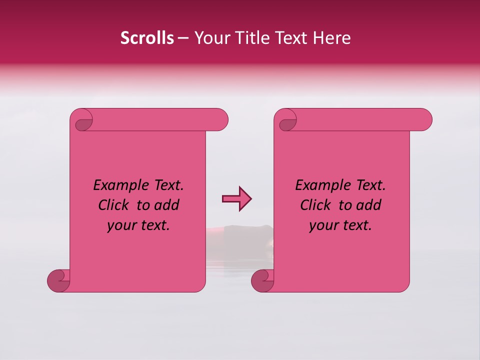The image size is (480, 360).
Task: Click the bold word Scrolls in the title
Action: pos(147,38)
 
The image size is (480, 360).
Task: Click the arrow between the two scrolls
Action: pos(236,199)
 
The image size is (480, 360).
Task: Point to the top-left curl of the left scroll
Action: pos(83,121)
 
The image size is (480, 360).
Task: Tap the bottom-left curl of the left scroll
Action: pos(58,280)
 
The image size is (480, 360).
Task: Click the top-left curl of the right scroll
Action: pos(287,121)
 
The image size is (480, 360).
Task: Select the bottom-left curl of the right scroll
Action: pos(262,280)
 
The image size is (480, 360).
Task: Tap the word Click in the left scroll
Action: pos(112,205)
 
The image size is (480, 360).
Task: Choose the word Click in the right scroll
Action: pos(314,205)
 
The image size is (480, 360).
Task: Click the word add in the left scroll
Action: pos(166,205)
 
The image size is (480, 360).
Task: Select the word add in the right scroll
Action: pos(368,205)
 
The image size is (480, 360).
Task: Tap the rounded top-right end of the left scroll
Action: pos(220,120)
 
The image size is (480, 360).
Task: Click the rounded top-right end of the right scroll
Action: pos(424,120)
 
